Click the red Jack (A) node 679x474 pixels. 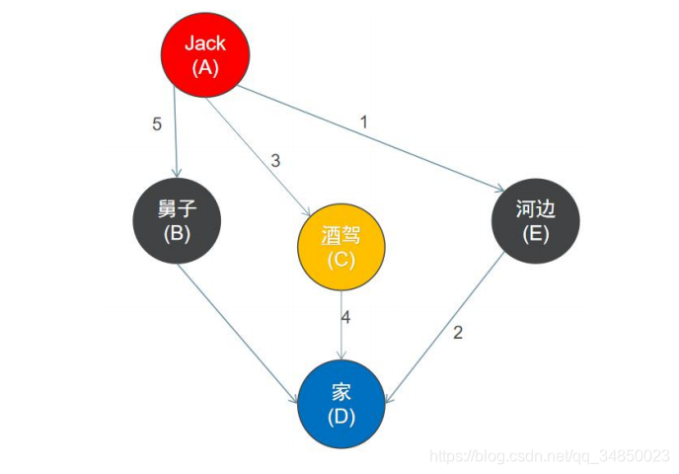click(205, 55)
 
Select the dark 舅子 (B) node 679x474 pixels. click(179, 221)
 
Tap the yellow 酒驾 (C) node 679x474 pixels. click(341, 248)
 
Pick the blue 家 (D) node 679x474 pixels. click(341, 405)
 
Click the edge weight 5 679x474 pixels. click(157, 126)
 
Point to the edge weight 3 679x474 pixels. click(276, 160)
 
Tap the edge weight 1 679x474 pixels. click(363, 122)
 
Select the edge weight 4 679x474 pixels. click(345, 318)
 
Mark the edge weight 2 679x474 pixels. click(458, 333)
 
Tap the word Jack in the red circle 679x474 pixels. click(205, 43)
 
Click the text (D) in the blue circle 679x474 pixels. click(341, 417)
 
